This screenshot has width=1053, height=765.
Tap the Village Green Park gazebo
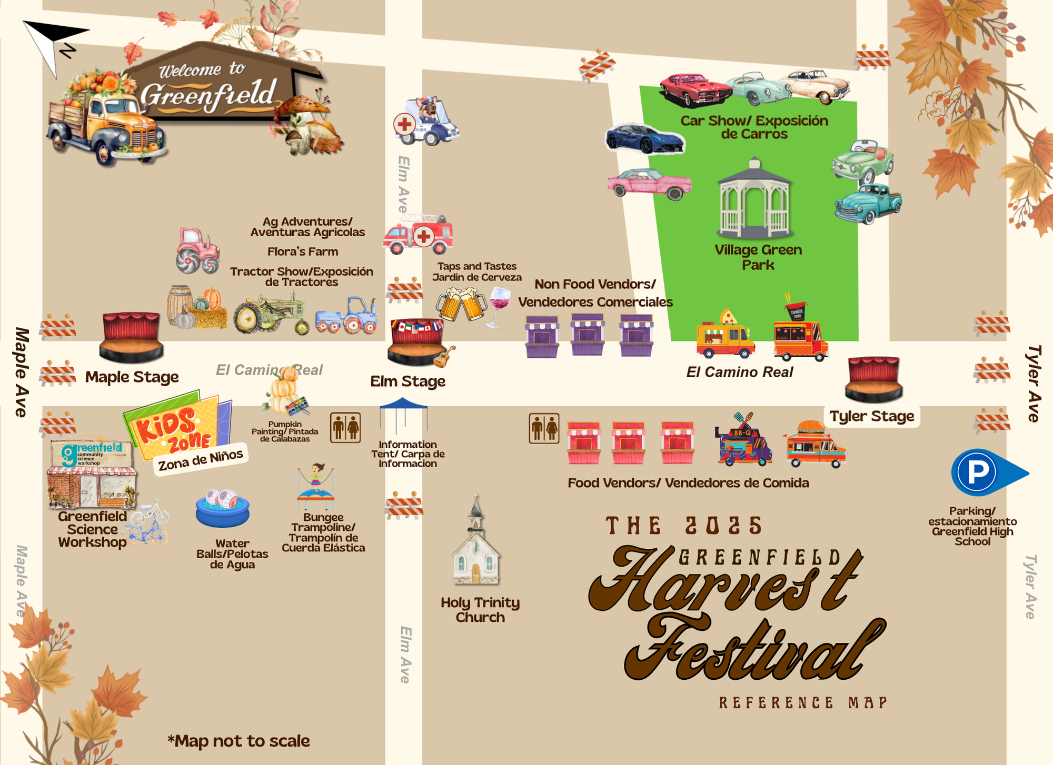click(754, 198)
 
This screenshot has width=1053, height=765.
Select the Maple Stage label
click(132, 377)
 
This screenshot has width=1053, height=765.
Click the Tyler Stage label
click(872, 416)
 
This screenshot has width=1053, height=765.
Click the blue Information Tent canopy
click(404, 405)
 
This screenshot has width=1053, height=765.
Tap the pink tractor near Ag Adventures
click(197, 250)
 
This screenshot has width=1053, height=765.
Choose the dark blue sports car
click(645, 138)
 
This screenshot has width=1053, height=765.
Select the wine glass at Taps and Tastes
click(499, 305)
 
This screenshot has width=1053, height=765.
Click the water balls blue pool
click(222, 508)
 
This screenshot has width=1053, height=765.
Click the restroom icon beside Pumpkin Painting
click(345, 427)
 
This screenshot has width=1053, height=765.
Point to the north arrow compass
click(53, 45)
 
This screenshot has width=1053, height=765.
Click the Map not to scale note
click(239, 741)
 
